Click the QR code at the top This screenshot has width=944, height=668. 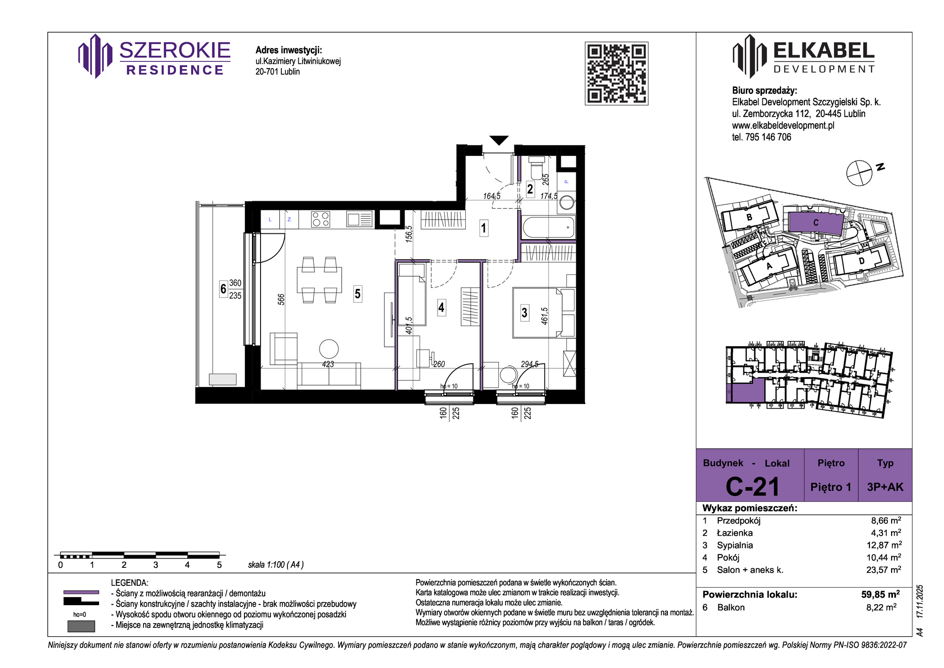616,73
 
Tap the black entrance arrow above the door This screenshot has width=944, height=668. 499,140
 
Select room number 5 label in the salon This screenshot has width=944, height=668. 358,294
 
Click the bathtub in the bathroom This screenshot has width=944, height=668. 548,228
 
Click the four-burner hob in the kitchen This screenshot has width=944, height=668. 320,219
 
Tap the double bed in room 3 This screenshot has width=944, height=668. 544,312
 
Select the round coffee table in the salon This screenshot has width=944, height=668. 329,349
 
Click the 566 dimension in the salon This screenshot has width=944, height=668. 281,300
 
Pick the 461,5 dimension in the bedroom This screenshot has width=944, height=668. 545,316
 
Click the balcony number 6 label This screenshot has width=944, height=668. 223,288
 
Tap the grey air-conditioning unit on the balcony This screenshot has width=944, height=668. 222,379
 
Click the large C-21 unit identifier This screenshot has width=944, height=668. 752,487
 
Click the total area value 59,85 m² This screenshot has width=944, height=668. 881,594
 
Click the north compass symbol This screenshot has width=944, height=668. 859,173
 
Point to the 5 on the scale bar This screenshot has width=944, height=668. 219,565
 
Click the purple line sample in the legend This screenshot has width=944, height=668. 81,592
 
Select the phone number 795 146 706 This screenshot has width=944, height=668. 768,137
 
